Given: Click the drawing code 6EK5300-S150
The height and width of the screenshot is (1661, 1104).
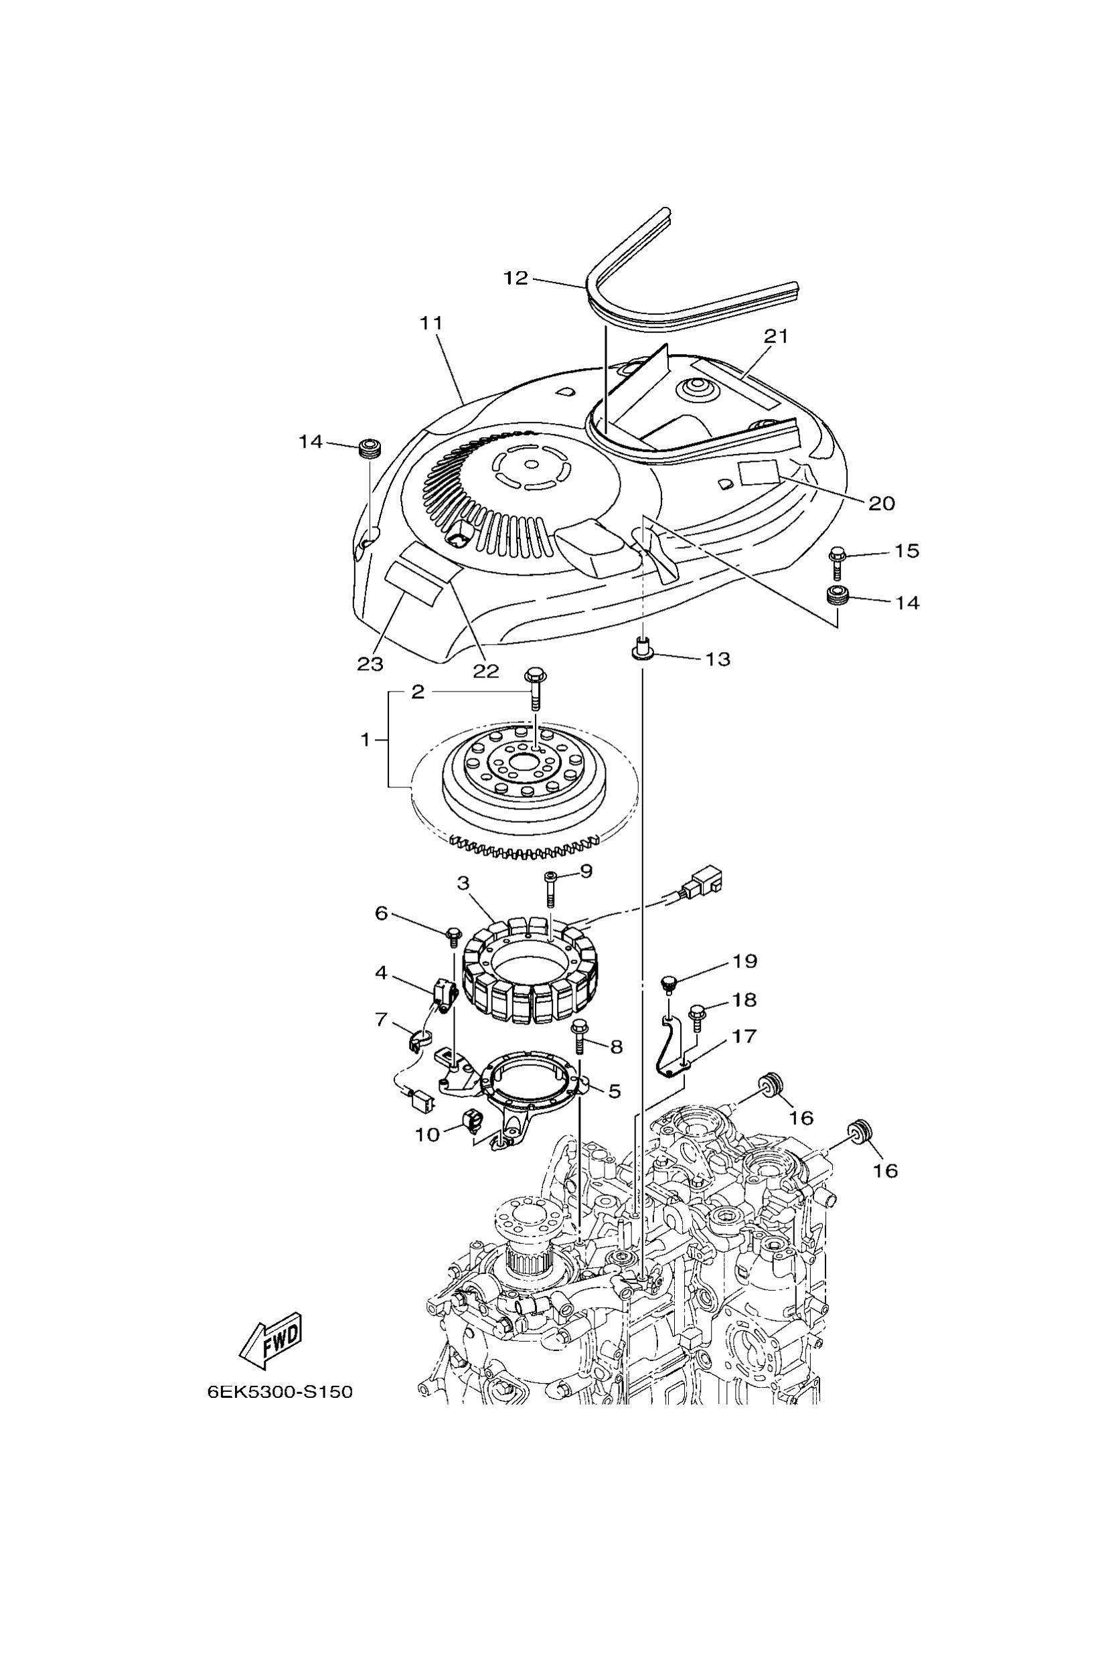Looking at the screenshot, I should [x=280, y=1393].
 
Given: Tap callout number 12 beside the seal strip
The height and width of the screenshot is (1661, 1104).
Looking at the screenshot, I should [x=516, y=278].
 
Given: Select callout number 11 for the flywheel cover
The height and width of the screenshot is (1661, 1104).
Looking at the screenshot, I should [x=431, y=323].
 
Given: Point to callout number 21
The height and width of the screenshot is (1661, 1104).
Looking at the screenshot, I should [x=777, y=336].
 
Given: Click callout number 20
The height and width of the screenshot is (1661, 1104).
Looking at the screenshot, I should [x=881, y=503].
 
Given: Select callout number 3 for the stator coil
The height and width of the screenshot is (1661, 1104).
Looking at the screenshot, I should [x=463, y=883].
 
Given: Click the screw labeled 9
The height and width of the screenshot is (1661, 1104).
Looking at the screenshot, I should [x=550, y=889].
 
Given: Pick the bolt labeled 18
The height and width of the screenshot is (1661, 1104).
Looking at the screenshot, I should [x=697, y=1018].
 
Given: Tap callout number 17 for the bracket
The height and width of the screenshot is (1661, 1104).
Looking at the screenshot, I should [x=744, y=1036].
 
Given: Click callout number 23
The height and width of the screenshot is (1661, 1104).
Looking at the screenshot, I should [x=370, y=664].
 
